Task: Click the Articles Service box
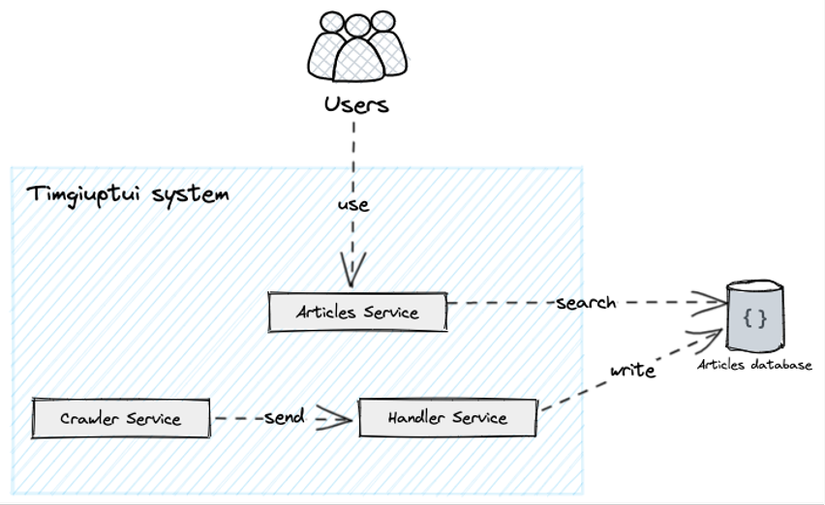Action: point(357,312)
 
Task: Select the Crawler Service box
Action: point(120,418)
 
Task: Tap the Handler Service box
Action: point(447,417)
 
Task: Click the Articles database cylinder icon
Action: point(755,318)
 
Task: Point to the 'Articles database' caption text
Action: point(755,366)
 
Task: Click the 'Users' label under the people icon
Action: point(355,104)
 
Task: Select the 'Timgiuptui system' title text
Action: point(127,194)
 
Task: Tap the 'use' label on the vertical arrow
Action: point(353,205)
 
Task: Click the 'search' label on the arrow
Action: point(586,301)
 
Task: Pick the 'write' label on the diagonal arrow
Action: point(632,371)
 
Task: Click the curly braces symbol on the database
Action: point(755,318)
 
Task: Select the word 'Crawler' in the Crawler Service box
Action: point(90,418)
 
